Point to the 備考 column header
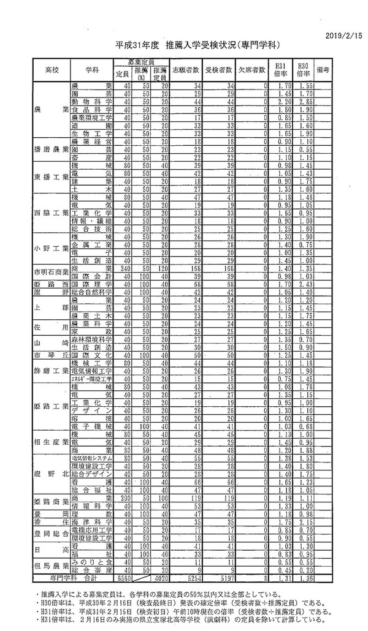pyautogui.click(x=322, y=70)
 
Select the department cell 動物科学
pyautogui.click(x=92, y=100)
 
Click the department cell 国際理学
pyautogui.click(x=92, y=285)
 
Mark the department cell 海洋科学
pyautogui.click(x=92, y=523)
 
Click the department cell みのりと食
pyautogui.click(x=92, y=562)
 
